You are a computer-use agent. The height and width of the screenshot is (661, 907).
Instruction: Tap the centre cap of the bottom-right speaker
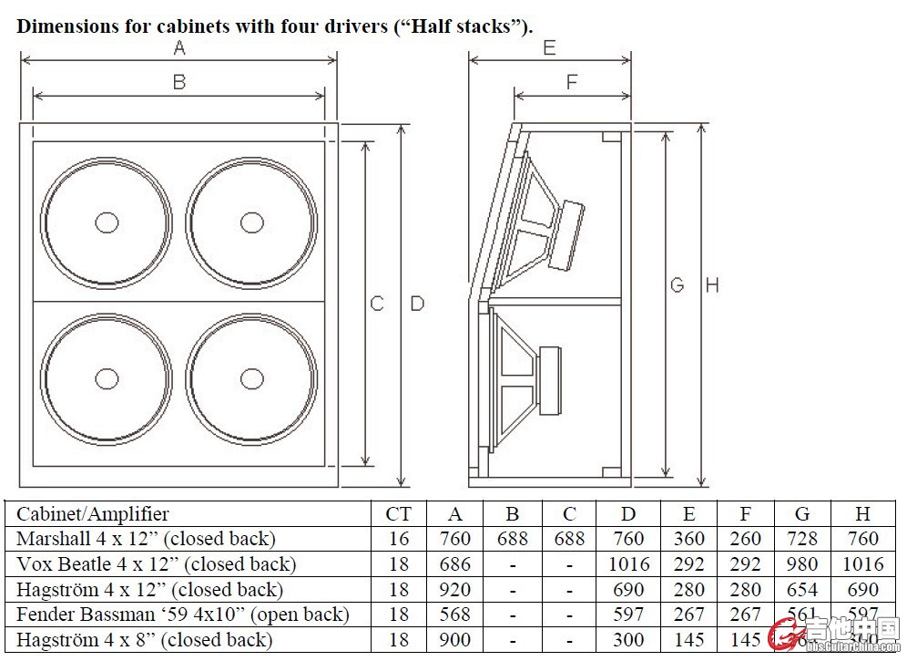pos(252,378)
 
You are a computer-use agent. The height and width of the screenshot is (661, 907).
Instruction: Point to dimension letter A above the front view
pos(179,46)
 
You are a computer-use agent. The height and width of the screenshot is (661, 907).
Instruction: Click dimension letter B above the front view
pos(179,82)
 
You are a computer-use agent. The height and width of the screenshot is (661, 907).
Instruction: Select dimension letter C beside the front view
pos(377,304)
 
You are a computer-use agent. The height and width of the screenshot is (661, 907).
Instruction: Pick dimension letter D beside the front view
pos(417,304)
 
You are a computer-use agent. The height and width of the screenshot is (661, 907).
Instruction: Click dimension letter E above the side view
pos(549,47)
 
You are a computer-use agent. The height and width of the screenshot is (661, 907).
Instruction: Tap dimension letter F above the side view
pos(572,82)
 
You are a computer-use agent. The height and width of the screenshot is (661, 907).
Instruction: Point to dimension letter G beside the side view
pos(677,285)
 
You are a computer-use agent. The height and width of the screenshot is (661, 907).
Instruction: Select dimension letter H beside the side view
pos(712,285)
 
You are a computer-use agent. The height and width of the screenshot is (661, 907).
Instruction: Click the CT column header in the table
pos(398,514)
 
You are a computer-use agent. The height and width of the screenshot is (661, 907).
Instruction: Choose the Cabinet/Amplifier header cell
pos(93,514)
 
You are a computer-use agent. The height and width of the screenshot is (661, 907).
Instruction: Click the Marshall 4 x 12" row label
pos(146,539)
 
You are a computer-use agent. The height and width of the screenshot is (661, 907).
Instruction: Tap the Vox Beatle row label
pos(156,564)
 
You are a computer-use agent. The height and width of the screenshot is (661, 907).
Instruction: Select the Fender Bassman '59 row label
pos(182,615)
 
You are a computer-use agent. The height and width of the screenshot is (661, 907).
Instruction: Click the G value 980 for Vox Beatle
pos(801,564)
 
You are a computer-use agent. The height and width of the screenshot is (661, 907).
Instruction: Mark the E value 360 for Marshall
pos(688,539)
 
